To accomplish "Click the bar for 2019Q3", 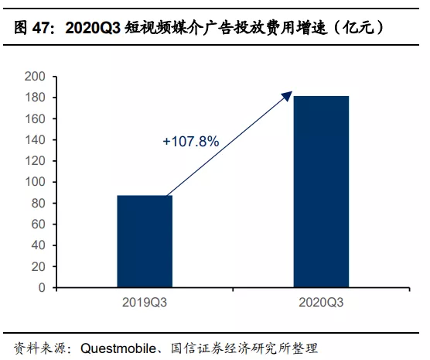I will coord(145,241).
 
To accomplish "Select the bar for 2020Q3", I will coord(321,191).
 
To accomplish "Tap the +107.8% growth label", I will coord(191,142).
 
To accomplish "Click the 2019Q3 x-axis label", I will coord(145,300).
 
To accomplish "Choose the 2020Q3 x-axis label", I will coord(321,300).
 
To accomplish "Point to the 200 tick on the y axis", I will coord(36,77).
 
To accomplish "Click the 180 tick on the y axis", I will coord(36,98).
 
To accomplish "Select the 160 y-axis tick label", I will coord(36,119).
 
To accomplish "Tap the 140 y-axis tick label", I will coord(36,140).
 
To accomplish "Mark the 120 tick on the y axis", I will coord(36,161).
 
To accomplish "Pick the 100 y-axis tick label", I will coord(36,182).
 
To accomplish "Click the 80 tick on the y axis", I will coord(39,204).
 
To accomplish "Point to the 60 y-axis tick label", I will coord(39,225).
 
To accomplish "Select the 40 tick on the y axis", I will coord(39,245).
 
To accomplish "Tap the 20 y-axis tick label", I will coord(39,266).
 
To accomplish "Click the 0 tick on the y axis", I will coord(42,288).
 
